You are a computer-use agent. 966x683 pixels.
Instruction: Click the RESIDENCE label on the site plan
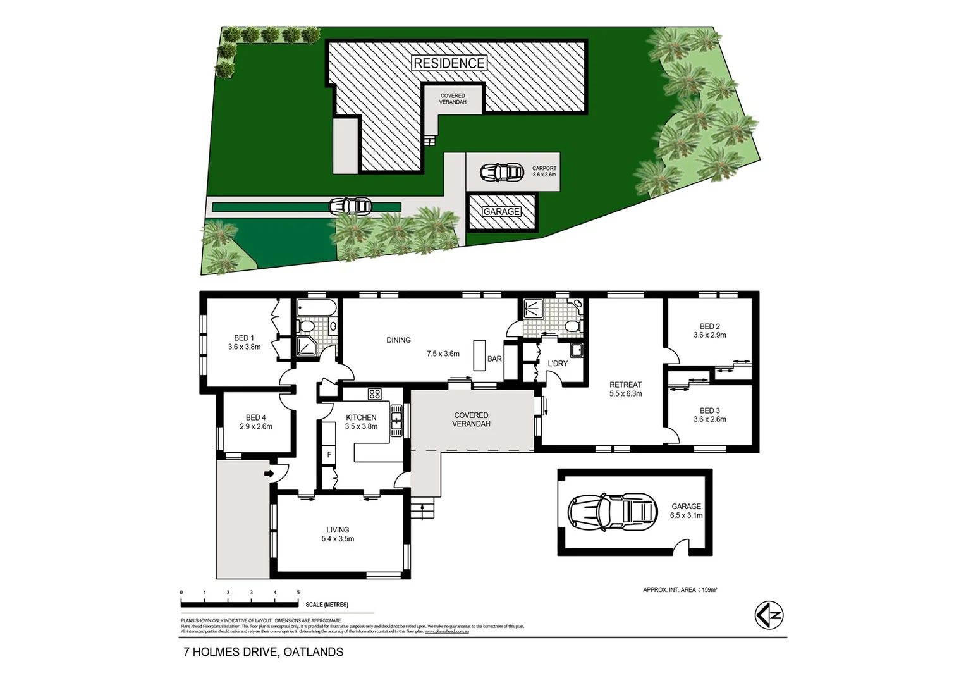[449, 63]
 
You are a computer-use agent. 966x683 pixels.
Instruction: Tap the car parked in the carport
[501, 172]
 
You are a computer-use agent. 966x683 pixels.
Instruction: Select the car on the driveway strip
[350, 206]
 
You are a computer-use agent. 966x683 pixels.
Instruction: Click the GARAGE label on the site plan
[501, 212]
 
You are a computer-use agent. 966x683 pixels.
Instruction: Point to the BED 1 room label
[244, 338]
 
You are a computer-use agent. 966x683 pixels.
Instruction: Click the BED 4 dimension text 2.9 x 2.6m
[256, 426]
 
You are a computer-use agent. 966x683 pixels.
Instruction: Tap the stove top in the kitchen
[374, 394]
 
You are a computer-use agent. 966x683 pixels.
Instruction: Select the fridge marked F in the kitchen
[329, 454]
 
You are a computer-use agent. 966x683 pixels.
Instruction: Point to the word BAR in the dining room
[494, 359]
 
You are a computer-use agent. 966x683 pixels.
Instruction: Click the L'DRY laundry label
[557, 364]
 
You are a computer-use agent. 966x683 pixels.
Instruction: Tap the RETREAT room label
[625, 385]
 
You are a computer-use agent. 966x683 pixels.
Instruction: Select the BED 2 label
[709, 327]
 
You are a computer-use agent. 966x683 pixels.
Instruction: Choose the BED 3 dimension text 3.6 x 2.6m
[709, 419]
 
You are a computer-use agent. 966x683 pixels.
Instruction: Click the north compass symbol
[769, 615]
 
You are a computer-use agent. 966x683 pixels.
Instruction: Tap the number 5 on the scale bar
[298, 593]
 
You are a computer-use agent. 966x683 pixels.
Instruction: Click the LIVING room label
[338, 530]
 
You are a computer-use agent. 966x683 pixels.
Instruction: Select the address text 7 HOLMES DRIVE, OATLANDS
[263, 652]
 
